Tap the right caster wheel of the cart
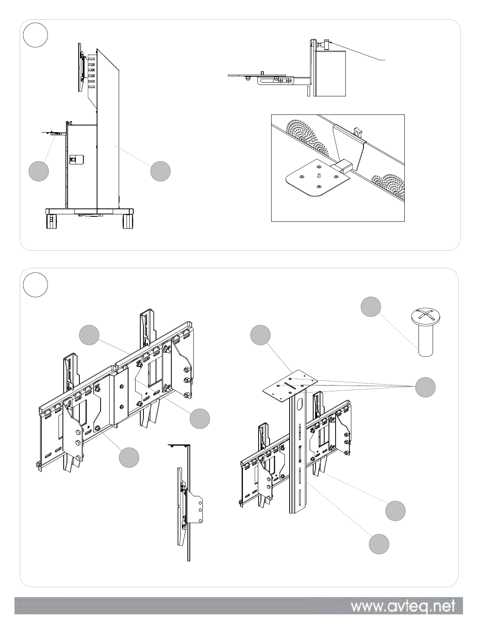[129, 221]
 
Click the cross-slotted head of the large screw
[426, 316]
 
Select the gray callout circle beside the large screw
[371, 307]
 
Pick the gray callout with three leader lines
[426, 387]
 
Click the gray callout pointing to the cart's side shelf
[39, 171]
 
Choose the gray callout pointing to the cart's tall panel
[160, 171]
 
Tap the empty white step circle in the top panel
[35, 35]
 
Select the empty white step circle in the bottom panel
[35, 285]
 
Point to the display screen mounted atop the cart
[80, 67]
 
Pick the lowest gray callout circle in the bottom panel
[379, 544]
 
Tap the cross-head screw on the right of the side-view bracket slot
[288, 81]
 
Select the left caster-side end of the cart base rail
[48, 211]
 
